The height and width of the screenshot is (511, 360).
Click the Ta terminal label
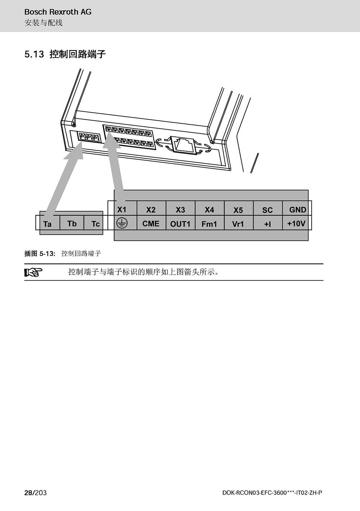pos(48,224)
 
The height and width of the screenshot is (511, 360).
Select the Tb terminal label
pos(72,224)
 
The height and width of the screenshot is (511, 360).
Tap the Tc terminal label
pos(95,224)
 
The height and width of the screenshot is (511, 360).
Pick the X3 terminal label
pos(180,210)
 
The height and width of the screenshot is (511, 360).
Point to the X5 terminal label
pos(238,210)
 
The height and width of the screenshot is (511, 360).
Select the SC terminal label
pos(267,210)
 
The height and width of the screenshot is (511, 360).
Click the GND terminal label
pos(297,210)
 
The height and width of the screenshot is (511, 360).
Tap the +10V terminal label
pos(296,224)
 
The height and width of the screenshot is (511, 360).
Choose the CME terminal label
pos(151,224)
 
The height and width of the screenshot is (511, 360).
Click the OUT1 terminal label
pos(180,224)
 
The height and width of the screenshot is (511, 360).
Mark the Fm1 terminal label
pos(209,224)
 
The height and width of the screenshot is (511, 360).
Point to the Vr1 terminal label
pos(238,224)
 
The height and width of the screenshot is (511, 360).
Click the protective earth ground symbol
pos(122,223)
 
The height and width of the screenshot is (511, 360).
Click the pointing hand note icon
pos(33,272)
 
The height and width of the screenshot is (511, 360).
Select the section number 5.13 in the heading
pos(34,54)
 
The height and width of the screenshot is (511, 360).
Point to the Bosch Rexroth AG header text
pos(58,12)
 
